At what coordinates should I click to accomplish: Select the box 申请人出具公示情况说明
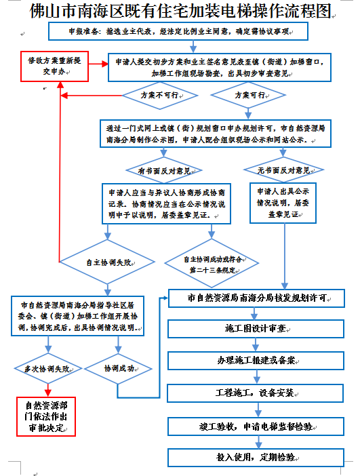click(x=283, y=202)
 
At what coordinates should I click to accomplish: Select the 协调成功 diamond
click(x=119, y=369)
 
